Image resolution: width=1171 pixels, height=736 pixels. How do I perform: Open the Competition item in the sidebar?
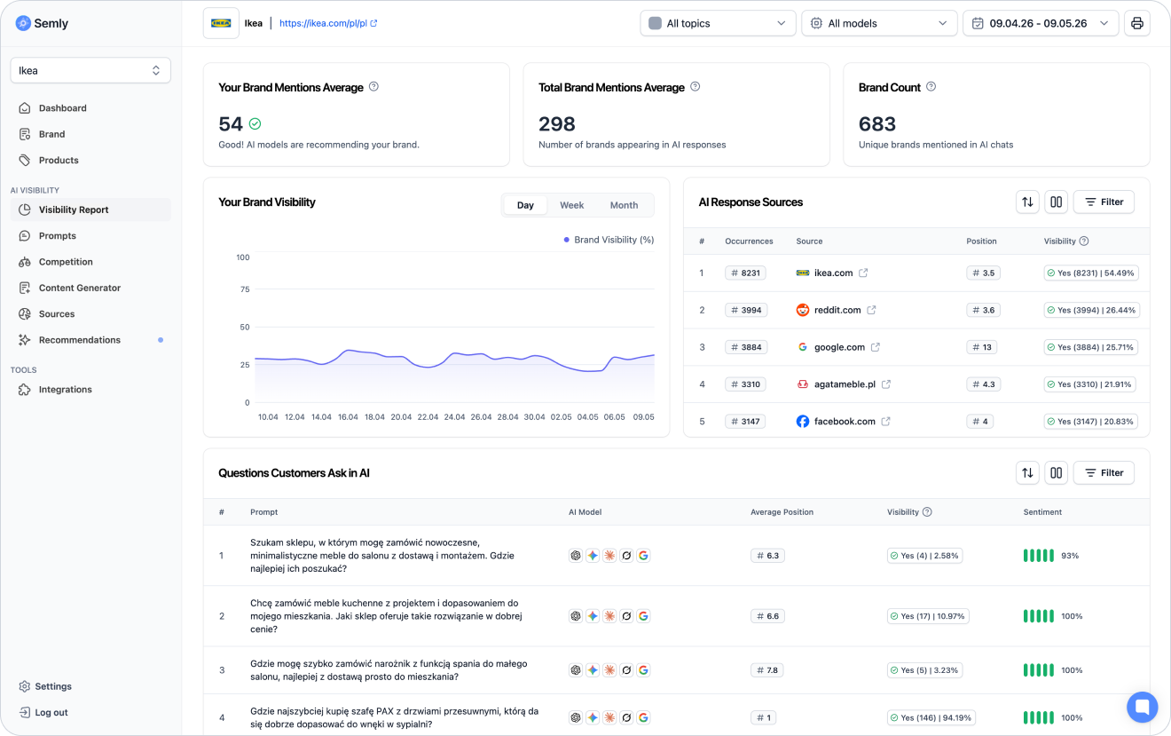66,262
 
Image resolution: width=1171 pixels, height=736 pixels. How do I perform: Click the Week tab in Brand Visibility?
571,205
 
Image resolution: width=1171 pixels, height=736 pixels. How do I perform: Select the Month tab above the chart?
624,205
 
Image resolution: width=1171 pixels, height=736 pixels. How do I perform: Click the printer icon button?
1136,23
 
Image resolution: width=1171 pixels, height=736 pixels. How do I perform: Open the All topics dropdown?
717,23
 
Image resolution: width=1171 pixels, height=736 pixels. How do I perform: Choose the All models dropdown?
879,23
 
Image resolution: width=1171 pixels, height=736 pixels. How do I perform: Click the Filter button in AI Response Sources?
1104,202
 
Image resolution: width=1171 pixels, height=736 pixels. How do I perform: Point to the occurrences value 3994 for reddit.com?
746,310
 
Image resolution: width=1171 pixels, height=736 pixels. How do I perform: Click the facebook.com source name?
845,421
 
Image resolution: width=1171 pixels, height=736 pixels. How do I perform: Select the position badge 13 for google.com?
981,347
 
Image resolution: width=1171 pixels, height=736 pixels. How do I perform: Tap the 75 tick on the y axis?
245,289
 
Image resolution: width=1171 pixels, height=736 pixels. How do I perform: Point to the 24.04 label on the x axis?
454,417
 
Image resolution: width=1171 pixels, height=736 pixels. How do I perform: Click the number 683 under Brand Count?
877,124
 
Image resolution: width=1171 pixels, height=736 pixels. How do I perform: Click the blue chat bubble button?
1142,707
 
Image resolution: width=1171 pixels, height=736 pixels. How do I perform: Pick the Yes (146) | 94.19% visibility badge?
931,717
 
